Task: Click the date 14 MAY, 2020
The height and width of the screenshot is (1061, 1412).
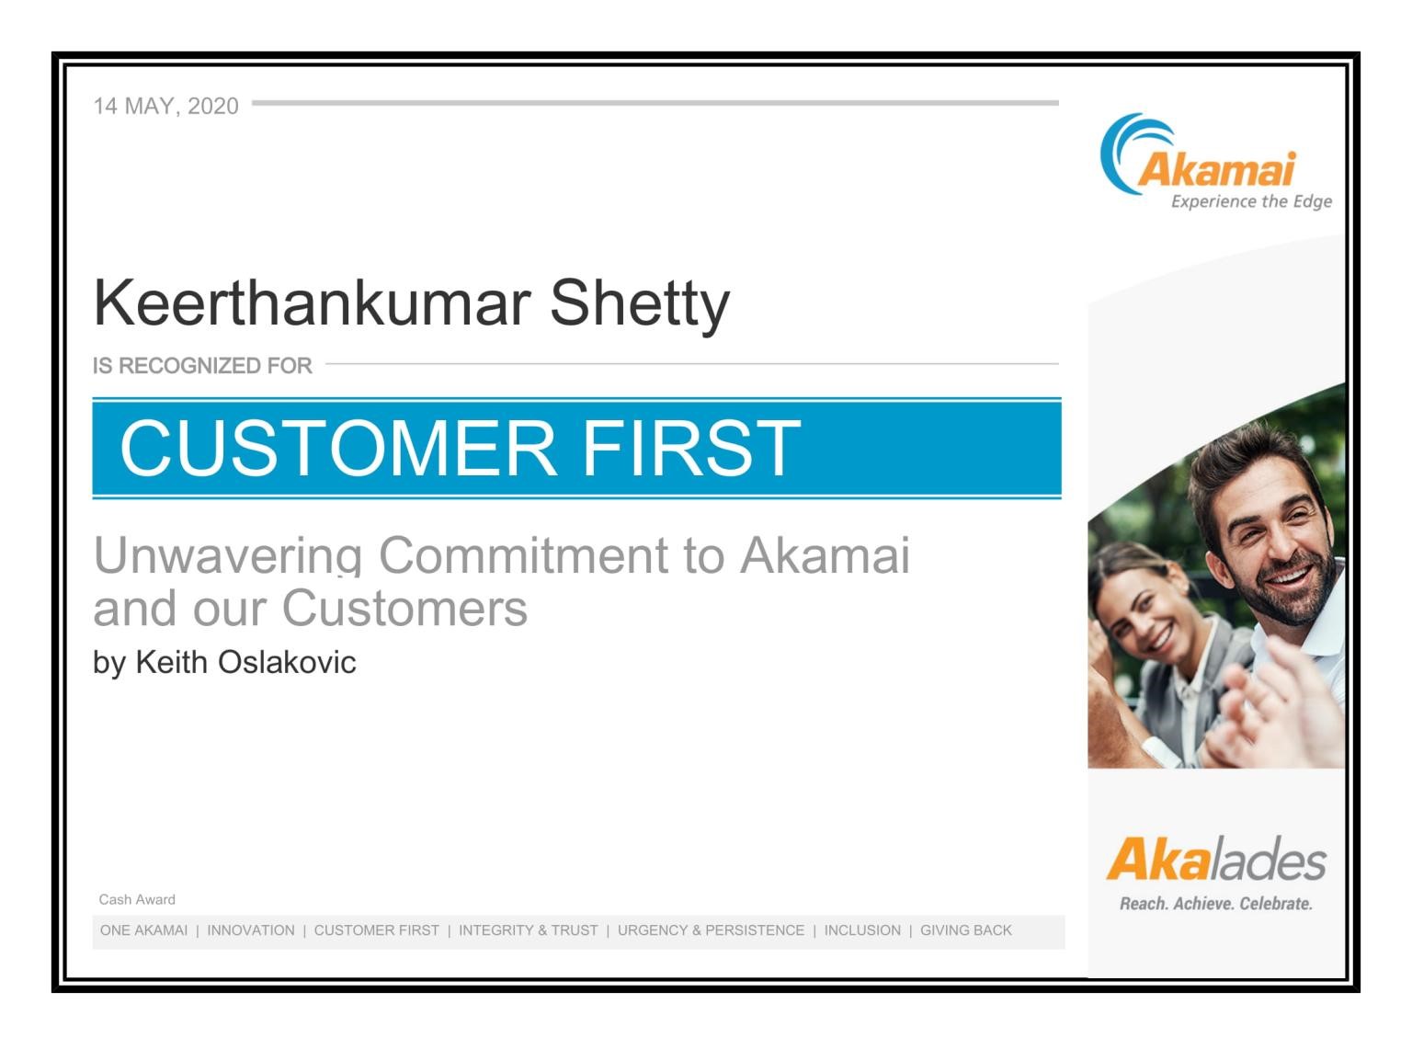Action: pos(166,106)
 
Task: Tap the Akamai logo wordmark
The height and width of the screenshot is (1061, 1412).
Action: pos(1217,169)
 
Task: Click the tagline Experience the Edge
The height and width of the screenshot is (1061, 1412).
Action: pos(1251,201)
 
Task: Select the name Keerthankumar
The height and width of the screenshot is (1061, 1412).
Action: pos(312,303)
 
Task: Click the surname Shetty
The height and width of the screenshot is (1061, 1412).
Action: pos(640,306)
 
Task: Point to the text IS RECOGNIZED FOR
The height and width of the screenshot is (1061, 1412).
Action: pos(202,365)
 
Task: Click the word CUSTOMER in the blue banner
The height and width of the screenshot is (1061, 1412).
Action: pos(338,448)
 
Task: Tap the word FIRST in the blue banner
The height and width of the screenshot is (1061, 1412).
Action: pos(691,448)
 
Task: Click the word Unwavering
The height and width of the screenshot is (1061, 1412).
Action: pos(228,555)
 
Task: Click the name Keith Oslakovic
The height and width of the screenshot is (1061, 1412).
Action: pos(245,662)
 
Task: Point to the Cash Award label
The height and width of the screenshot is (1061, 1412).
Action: pos(137,899)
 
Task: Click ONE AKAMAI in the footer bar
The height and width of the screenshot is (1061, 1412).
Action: pos(144,930)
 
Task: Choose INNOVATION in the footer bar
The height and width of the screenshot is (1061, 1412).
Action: pos(251,930)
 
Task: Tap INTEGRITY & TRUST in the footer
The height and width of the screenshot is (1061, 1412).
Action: pos(529,930)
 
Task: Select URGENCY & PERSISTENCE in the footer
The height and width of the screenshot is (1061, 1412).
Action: pos(711,930)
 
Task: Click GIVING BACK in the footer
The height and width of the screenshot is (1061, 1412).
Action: pos(965,930)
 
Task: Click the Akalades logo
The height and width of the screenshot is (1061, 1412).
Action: pos(1216,859)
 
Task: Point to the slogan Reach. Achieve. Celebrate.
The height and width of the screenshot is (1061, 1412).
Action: pos(1216,904)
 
